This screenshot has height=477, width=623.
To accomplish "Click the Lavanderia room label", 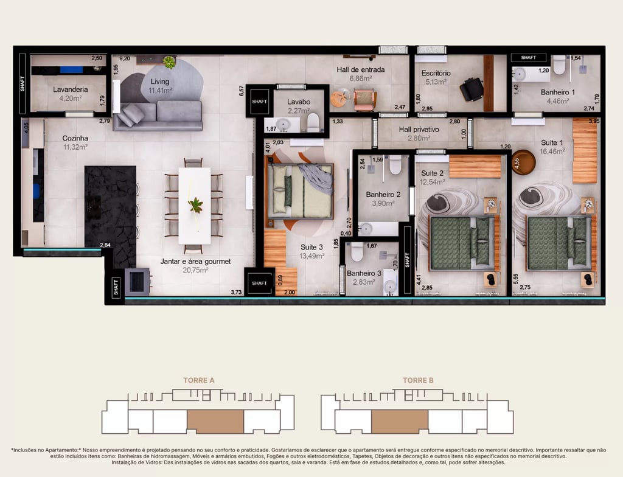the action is point(71,89).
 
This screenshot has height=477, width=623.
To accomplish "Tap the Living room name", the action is point(160,82).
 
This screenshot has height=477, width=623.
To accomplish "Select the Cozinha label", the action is point(75,138).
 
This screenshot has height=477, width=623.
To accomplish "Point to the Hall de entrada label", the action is point(360,69).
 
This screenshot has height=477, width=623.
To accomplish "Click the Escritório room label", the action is point(436,73).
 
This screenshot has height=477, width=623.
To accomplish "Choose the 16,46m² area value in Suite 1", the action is point(552,151).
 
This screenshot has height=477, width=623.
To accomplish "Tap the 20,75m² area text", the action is point(195,270).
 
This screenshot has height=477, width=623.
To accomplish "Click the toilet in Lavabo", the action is point(313,122).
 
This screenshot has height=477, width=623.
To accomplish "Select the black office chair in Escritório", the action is point(472,89).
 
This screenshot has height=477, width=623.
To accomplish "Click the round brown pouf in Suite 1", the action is point(523,162).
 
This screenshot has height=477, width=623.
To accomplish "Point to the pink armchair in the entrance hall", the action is point(365,99).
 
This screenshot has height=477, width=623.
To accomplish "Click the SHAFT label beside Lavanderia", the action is point(23,83).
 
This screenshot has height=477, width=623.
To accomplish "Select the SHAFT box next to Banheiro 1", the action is point(529,58).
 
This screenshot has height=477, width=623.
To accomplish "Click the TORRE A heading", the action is point(199,380).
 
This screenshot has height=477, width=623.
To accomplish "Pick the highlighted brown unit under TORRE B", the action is point(400,422).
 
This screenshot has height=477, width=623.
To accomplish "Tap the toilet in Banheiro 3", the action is point(357,252).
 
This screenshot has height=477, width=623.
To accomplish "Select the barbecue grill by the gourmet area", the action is point(137,282).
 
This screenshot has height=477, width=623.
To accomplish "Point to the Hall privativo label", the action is point(419,130).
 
